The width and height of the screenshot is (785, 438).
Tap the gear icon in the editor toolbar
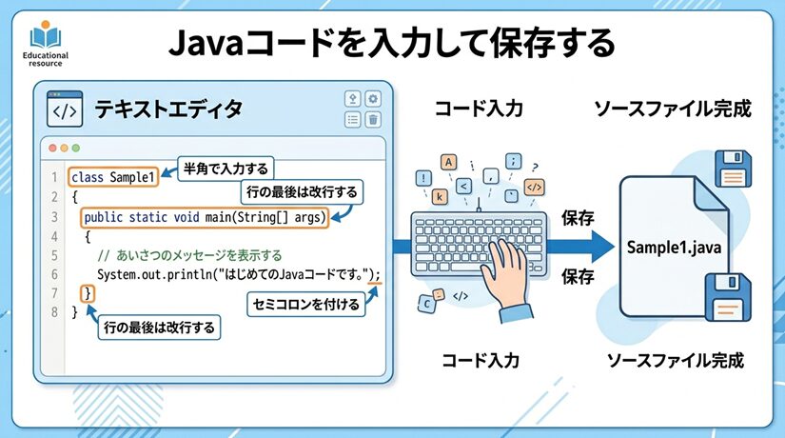pos(373,99)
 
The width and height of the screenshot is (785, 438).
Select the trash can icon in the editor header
pos(373,119)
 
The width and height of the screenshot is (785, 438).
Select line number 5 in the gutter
pos(54,255)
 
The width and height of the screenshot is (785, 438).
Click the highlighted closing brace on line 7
pos(88,292)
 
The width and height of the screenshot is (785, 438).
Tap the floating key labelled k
pos(440,197)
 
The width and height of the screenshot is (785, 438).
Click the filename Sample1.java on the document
pos(674,248)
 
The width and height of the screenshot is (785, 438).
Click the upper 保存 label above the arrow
pos(578,217)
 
